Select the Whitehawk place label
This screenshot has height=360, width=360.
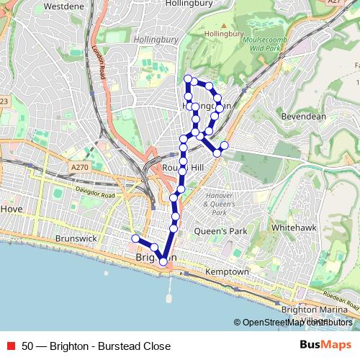tap(291, 227)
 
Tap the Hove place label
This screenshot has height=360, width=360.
tap(12, 208)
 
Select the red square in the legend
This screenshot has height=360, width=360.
tap(10, 344)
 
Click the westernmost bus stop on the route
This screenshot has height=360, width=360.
tap(135, 238)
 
